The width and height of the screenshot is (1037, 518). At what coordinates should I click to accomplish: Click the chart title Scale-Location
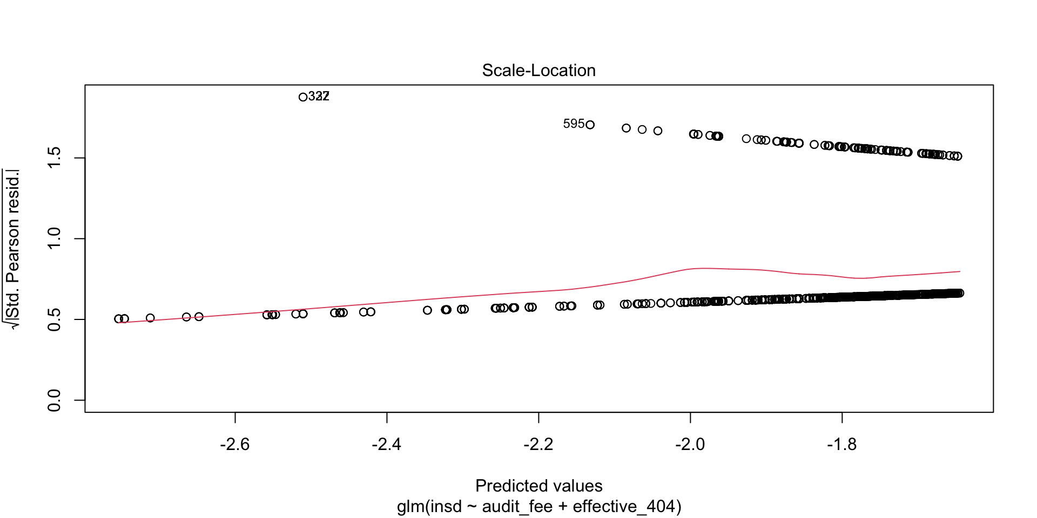[x=538, y=70]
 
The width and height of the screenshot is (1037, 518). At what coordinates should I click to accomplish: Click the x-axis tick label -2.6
[x=235, y=444]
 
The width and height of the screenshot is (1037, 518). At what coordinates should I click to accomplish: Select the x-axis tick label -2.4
[x=387, y=444]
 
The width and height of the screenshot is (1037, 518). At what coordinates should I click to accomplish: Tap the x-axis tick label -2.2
[x=538, y=444]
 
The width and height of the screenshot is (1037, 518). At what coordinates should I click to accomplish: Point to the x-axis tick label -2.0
[x=690, y=444]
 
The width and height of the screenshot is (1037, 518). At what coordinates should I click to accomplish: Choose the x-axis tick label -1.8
[x=842, y=444]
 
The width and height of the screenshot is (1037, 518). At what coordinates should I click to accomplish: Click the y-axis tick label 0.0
[x=54, y=400]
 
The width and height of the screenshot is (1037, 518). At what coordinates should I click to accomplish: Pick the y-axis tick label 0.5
[x=54, y=319]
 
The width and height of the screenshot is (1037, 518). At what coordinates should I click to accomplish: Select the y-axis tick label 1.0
[x=54, y=238]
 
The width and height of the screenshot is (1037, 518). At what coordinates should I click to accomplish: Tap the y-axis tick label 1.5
[x=54, y=158]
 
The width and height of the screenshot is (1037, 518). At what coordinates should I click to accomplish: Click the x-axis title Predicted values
[x=538, y=486]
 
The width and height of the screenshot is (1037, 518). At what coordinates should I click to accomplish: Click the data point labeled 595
[x=590, y=125]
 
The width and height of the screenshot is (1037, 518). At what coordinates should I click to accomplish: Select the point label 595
[x=573, y=124]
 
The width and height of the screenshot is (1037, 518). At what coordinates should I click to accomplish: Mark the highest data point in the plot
[x=303, y=97]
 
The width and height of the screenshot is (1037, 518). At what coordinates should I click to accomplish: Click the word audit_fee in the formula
[x=517, y=507]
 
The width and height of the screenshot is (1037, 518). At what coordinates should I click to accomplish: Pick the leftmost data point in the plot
[x=118, y=319]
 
